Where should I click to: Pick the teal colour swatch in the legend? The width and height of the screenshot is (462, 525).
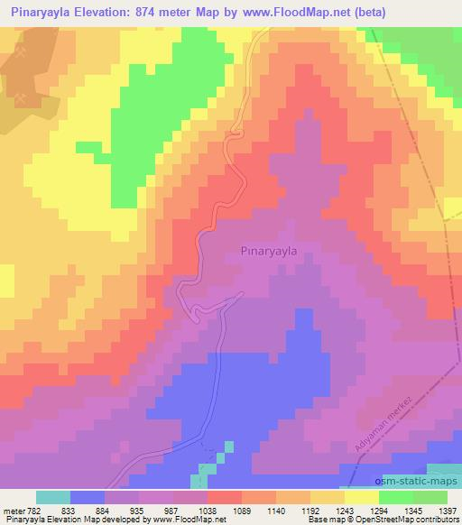(x=53, y=497)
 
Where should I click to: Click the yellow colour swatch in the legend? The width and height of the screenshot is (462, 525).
(x=362, y=497)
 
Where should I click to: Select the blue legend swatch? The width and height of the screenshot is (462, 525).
(x=88, y=497)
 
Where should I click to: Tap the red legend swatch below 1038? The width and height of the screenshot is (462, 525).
(x=225, y=497)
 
